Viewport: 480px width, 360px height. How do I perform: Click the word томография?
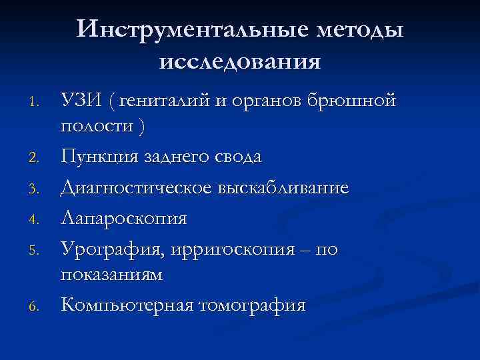[x=250, y=306]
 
